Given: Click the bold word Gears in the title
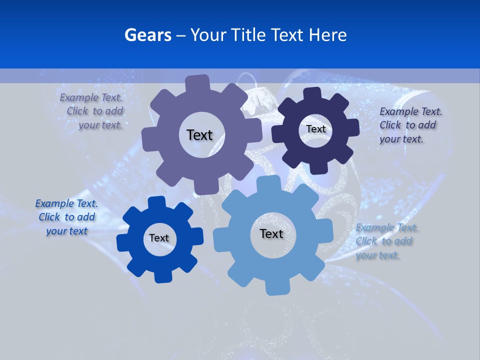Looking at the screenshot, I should tap(147, 35).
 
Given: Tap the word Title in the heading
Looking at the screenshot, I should tap(248, 35).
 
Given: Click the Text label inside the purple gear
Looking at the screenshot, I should tap(199, 135).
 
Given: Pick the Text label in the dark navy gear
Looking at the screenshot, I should tap(315, 129).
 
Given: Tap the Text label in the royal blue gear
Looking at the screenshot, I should tap(159, 238).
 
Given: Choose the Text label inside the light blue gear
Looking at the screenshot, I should tap(271, 233).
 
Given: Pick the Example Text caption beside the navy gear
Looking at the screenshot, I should tap(410, 125).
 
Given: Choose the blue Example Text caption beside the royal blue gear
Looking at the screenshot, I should tap(67, 217).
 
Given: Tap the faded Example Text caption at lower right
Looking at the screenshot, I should tap(386, 241).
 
